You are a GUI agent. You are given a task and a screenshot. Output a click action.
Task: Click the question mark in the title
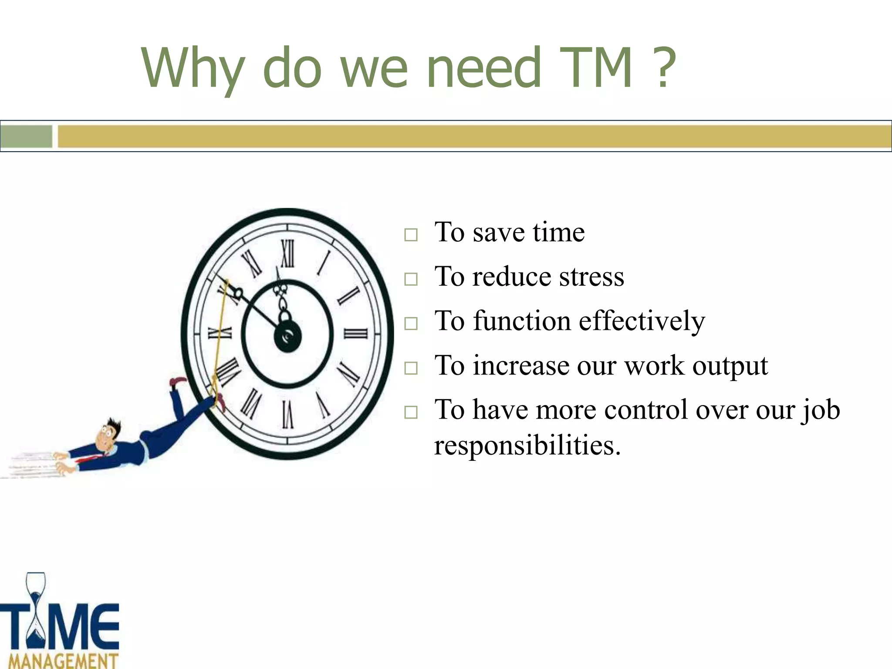click(663, 68)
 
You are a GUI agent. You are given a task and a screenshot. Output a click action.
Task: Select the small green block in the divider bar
click(26, 136)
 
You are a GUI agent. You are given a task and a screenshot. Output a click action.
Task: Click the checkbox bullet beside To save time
click(411, 235)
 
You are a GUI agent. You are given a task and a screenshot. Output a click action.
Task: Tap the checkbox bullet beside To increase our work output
click(411, 368)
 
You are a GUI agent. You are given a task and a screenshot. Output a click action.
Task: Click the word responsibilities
click(527, 446)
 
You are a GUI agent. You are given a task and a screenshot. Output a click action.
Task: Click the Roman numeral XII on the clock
click(287, 253)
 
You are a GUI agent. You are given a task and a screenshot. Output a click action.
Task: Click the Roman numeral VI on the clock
click(287, 414)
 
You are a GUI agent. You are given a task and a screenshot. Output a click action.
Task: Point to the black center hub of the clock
click(287, 337)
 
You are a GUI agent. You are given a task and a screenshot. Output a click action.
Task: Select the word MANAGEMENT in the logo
click(63, 661)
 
